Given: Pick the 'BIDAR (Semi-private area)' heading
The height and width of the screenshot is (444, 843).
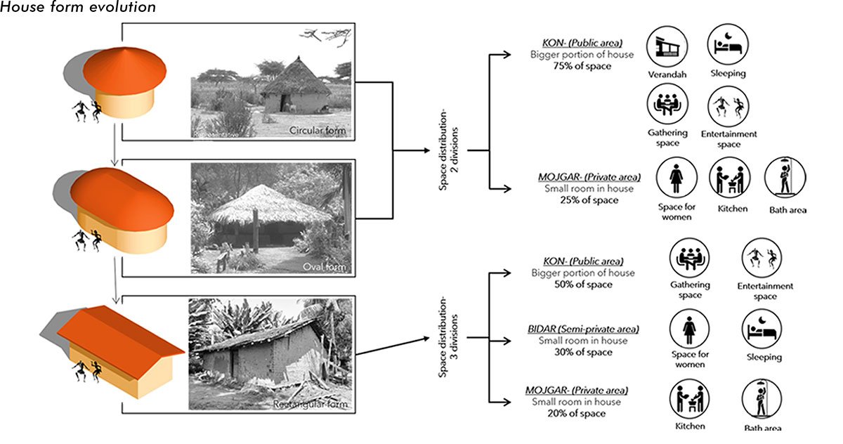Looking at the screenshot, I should click(577, 329).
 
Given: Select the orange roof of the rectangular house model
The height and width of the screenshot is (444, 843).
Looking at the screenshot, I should click(116, 332).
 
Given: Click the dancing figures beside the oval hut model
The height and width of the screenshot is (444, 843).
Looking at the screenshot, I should click(87, 240).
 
